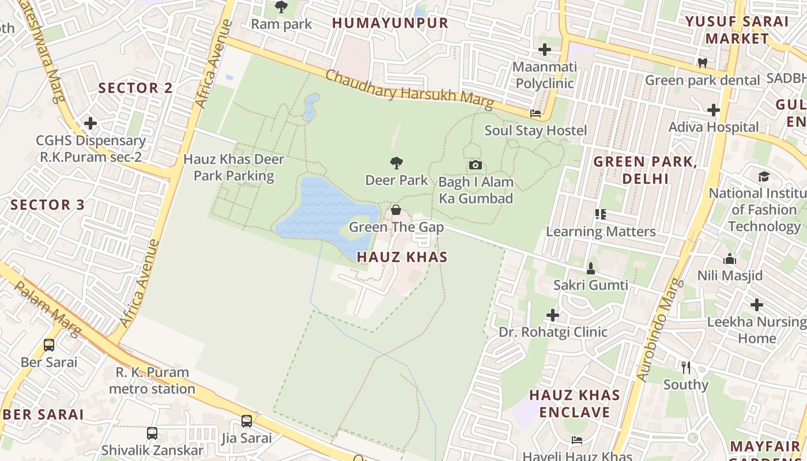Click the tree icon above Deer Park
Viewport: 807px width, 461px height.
396,163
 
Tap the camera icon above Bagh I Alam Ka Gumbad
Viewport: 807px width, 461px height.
475,165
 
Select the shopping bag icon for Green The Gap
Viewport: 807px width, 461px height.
396,210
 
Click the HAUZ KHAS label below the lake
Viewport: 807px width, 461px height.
402,257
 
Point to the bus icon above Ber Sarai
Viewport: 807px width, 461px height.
49,345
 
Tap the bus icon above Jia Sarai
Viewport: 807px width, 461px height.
247,421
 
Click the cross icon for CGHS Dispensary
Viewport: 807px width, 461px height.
90,123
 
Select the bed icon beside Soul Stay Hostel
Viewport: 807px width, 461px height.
536,114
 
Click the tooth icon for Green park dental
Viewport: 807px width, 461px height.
702,63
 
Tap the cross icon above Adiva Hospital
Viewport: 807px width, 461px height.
714,109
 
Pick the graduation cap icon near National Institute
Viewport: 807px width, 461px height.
764,176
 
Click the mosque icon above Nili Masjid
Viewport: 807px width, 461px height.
730,259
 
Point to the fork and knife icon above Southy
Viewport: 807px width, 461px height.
685,368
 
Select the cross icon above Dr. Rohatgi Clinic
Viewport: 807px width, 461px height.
553,315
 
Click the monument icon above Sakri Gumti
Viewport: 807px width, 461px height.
590,268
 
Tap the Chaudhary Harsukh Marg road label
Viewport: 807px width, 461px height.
409,89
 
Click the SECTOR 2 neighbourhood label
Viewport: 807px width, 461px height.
135,88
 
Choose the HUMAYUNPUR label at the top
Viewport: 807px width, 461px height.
390,23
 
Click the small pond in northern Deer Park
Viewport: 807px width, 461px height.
311,107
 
